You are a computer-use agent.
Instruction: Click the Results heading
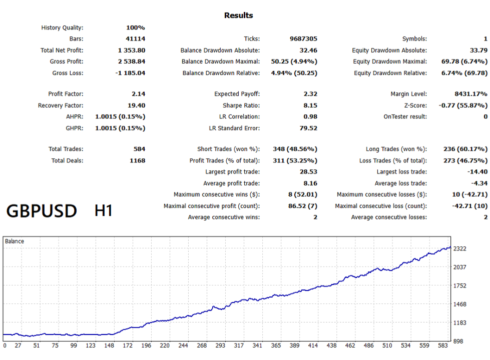238,15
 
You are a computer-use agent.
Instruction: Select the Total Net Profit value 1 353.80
132,50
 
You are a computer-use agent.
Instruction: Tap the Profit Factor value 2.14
139,94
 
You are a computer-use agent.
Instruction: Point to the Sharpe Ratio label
241,105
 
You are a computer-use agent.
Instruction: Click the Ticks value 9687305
303,38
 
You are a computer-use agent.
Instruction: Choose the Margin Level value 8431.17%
471,94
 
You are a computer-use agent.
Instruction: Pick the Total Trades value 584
139,149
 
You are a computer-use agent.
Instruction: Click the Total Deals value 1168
138,161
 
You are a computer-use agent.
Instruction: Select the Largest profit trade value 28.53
308,172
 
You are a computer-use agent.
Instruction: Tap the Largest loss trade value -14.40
477,172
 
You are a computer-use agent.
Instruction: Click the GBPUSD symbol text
42,211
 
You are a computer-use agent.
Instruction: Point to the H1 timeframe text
104,211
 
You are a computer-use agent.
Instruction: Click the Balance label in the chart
15,241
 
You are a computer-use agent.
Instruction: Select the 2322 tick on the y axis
459,249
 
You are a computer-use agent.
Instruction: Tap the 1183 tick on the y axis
459,323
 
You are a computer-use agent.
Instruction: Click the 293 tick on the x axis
220,345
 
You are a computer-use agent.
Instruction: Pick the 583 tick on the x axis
443,345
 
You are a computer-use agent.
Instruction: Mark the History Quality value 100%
136,28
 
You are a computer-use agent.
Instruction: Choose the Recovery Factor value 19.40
137,105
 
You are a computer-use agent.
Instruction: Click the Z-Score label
415,105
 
